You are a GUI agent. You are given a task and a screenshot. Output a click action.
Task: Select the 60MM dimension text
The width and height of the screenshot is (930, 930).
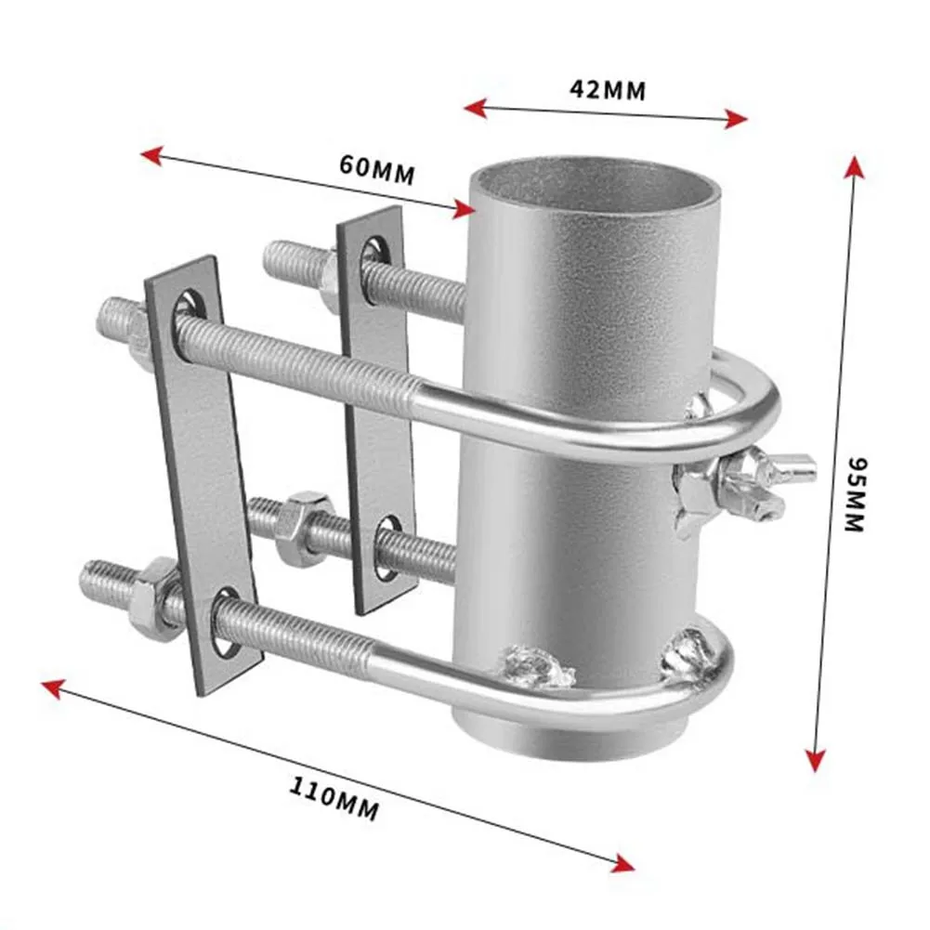pos(376,169)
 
